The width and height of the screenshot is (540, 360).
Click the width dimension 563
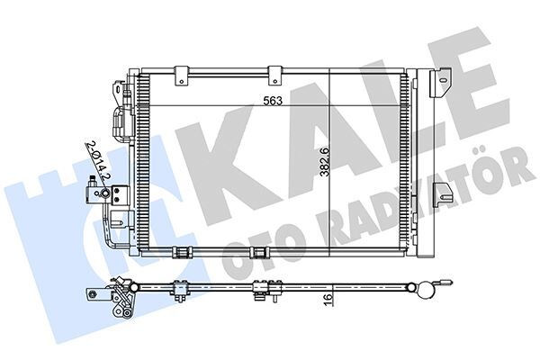pyautogui.click(x=269, y=102)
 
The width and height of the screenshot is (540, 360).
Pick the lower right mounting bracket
pyautogui.click(x=443, y=193)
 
